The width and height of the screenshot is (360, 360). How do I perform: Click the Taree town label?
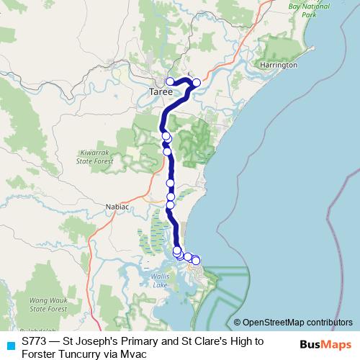tap(161, 94)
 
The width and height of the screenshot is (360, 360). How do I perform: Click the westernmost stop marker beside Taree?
tap(171, 81)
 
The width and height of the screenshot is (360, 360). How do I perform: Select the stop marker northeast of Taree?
tap(196, 82)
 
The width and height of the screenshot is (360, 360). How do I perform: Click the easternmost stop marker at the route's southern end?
tap(196, 260)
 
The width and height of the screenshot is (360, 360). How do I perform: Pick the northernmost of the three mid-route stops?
tap(171, 184)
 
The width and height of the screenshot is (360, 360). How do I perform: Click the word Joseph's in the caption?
tap(96, 339)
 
